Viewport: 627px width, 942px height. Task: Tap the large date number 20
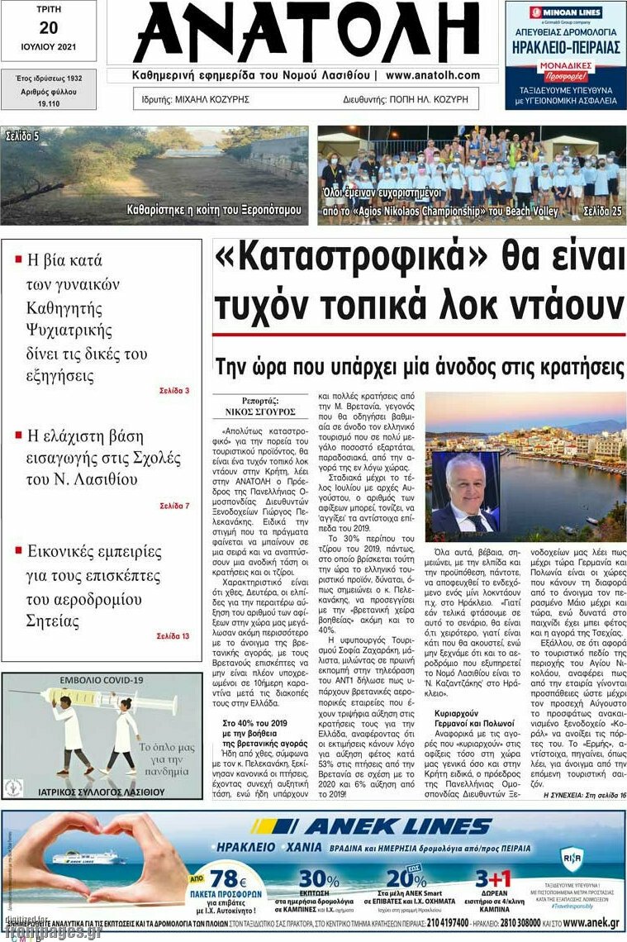click(48, 27)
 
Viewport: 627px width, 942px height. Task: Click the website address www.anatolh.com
click(433, 75)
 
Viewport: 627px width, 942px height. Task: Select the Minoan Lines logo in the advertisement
click(566, 12)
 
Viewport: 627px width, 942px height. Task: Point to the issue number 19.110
click(48, 104)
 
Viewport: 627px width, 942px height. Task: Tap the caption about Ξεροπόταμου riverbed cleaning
click(214, 210)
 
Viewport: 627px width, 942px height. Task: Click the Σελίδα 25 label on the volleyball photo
click(602, 212)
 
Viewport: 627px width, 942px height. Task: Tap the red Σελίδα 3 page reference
click(174, 390)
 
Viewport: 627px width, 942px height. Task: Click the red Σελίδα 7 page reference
click(174, 505)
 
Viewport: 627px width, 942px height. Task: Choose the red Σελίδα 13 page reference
click(173, 635)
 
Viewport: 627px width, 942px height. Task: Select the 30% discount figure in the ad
click(318, 878)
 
